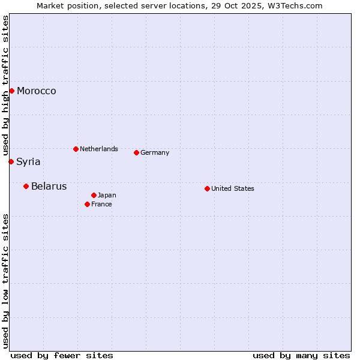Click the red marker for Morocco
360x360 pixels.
(x=11, y=91)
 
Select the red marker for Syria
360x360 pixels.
(x=11, y=161)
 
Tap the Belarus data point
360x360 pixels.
(x=26, y=186)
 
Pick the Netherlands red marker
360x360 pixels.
(x=76, y=149)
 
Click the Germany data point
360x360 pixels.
(x=136, y=152)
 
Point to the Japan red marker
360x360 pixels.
(x=94, y=195)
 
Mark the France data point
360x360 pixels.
(x=87, y=204)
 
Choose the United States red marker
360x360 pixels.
(x=207, y=188)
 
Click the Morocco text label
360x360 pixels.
(x=37, y=91)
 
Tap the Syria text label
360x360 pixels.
(x=28, y=162)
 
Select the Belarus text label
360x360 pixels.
(x=49, y=187)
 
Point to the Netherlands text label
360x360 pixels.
(x=99, y=149)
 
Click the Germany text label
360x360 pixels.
(x=155, y=152)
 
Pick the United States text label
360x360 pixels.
(x=233, y=188)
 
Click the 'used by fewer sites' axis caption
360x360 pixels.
(x=62, y=355)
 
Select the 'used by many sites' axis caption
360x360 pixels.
(x=301, y=355)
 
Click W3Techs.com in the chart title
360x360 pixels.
(x=296, y=5)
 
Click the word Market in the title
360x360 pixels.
(x=50, y=5)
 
